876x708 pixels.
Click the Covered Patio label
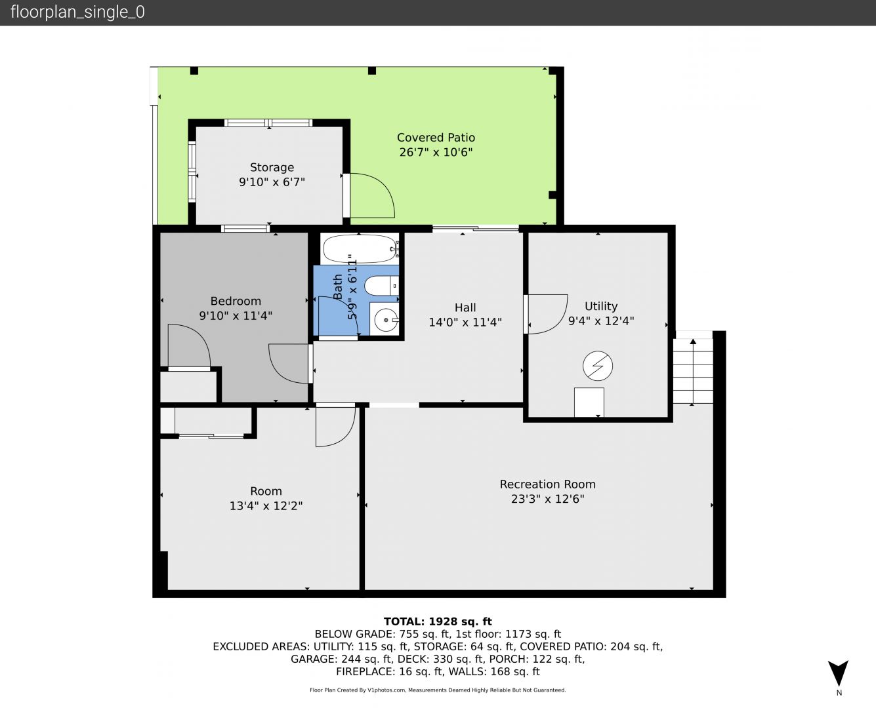point(436,137)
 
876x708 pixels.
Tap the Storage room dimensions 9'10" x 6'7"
point(272,182)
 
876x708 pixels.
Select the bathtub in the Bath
point(360,248)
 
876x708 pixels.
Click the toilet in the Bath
point(381,286)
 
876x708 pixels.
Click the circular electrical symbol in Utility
point(598,365)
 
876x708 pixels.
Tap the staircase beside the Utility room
point(693,371)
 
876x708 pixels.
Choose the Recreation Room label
point(547,484)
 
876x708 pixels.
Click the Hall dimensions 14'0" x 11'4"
point(465,322)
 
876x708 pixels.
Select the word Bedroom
point(236,301)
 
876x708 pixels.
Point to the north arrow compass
point(838,673)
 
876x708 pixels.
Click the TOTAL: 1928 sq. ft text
point(438,621)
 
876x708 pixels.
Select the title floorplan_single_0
point(77,12)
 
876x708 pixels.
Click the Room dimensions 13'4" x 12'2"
point(266,506)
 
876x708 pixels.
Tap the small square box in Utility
point(589,402)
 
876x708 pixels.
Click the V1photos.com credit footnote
point(438,690)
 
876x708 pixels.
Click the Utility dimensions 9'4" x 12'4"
point(601,321)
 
